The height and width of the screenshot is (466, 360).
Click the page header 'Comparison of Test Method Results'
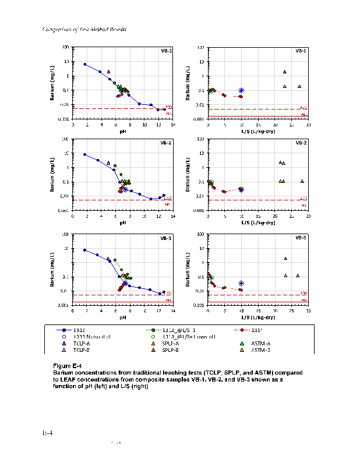coord(85,29)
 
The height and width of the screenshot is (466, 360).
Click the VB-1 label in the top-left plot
coord(166,51)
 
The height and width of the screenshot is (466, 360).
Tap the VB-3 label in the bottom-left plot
coord(166,238)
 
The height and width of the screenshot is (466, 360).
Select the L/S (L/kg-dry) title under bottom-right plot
coord(258,318)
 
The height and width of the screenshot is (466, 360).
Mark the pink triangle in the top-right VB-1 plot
coord(285,72)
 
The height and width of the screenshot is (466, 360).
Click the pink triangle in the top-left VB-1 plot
coord(109,72)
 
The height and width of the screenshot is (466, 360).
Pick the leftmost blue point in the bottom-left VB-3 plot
coord(85,250)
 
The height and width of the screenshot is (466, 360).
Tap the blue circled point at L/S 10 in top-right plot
coord(241,90)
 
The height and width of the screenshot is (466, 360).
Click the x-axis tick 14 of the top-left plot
coord(173,124)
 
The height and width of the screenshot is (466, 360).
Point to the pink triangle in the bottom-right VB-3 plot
coord(285,258)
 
